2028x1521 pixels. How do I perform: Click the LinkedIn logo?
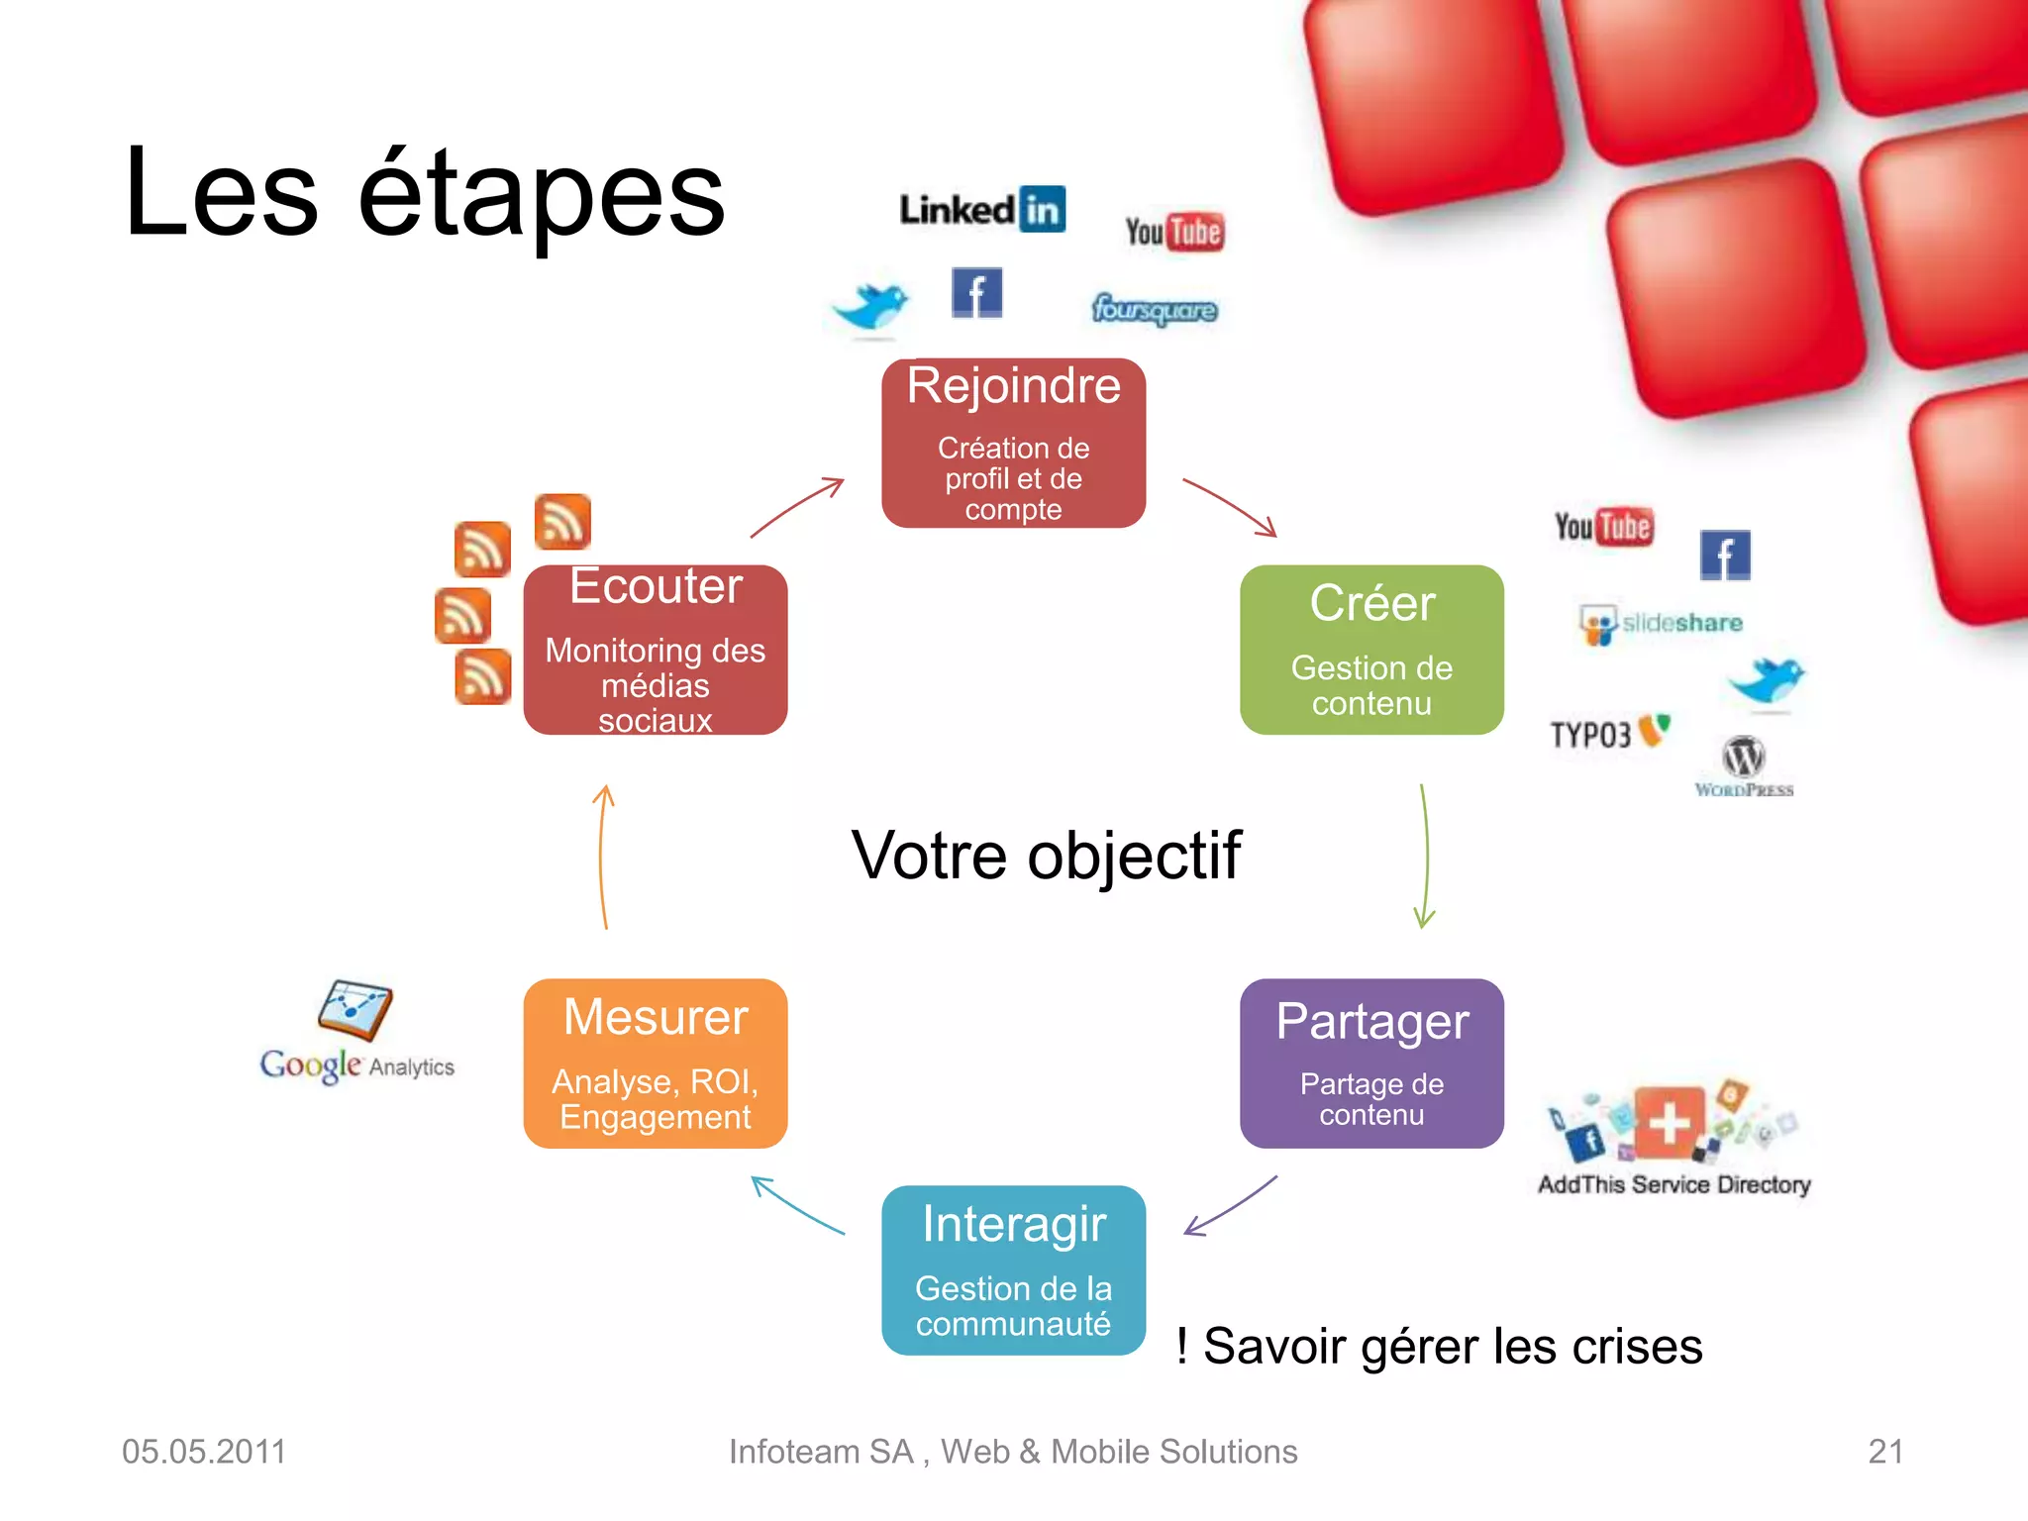coord(982,209)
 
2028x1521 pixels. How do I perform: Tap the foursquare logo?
coord(1155,310)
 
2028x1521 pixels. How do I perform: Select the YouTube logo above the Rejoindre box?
coord(1174,232)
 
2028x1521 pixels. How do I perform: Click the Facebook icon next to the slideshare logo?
coord(1725,555)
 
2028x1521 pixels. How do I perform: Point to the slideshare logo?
coord(1662,624)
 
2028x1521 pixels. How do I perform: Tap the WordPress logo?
coord(1744,766)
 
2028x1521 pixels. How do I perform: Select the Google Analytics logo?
coord(356,1034)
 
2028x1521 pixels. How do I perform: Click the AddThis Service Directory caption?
coord(1673,1184)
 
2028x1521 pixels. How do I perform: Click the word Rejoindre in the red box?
coord(1013,385)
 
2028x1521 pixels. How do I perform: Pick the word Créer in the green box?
coord(1371,603)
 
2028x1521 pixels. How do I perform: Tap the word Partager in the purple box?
coord(1371,1022)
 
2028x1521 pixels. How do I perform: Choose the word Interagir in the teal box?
coord(1013,1224)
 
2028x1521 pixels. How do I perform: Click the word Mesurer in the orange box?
coord(656,1018)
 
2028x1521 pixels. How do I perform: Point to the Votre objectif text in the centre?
coord(1046,856)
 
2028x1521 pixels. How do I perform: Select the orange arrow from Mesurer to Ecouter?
coord(603,857)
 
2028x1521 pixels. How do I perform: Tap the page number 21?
coord(1884,1452)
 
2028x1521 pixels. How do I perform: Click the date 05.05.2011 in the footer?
coord(204,1452)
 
